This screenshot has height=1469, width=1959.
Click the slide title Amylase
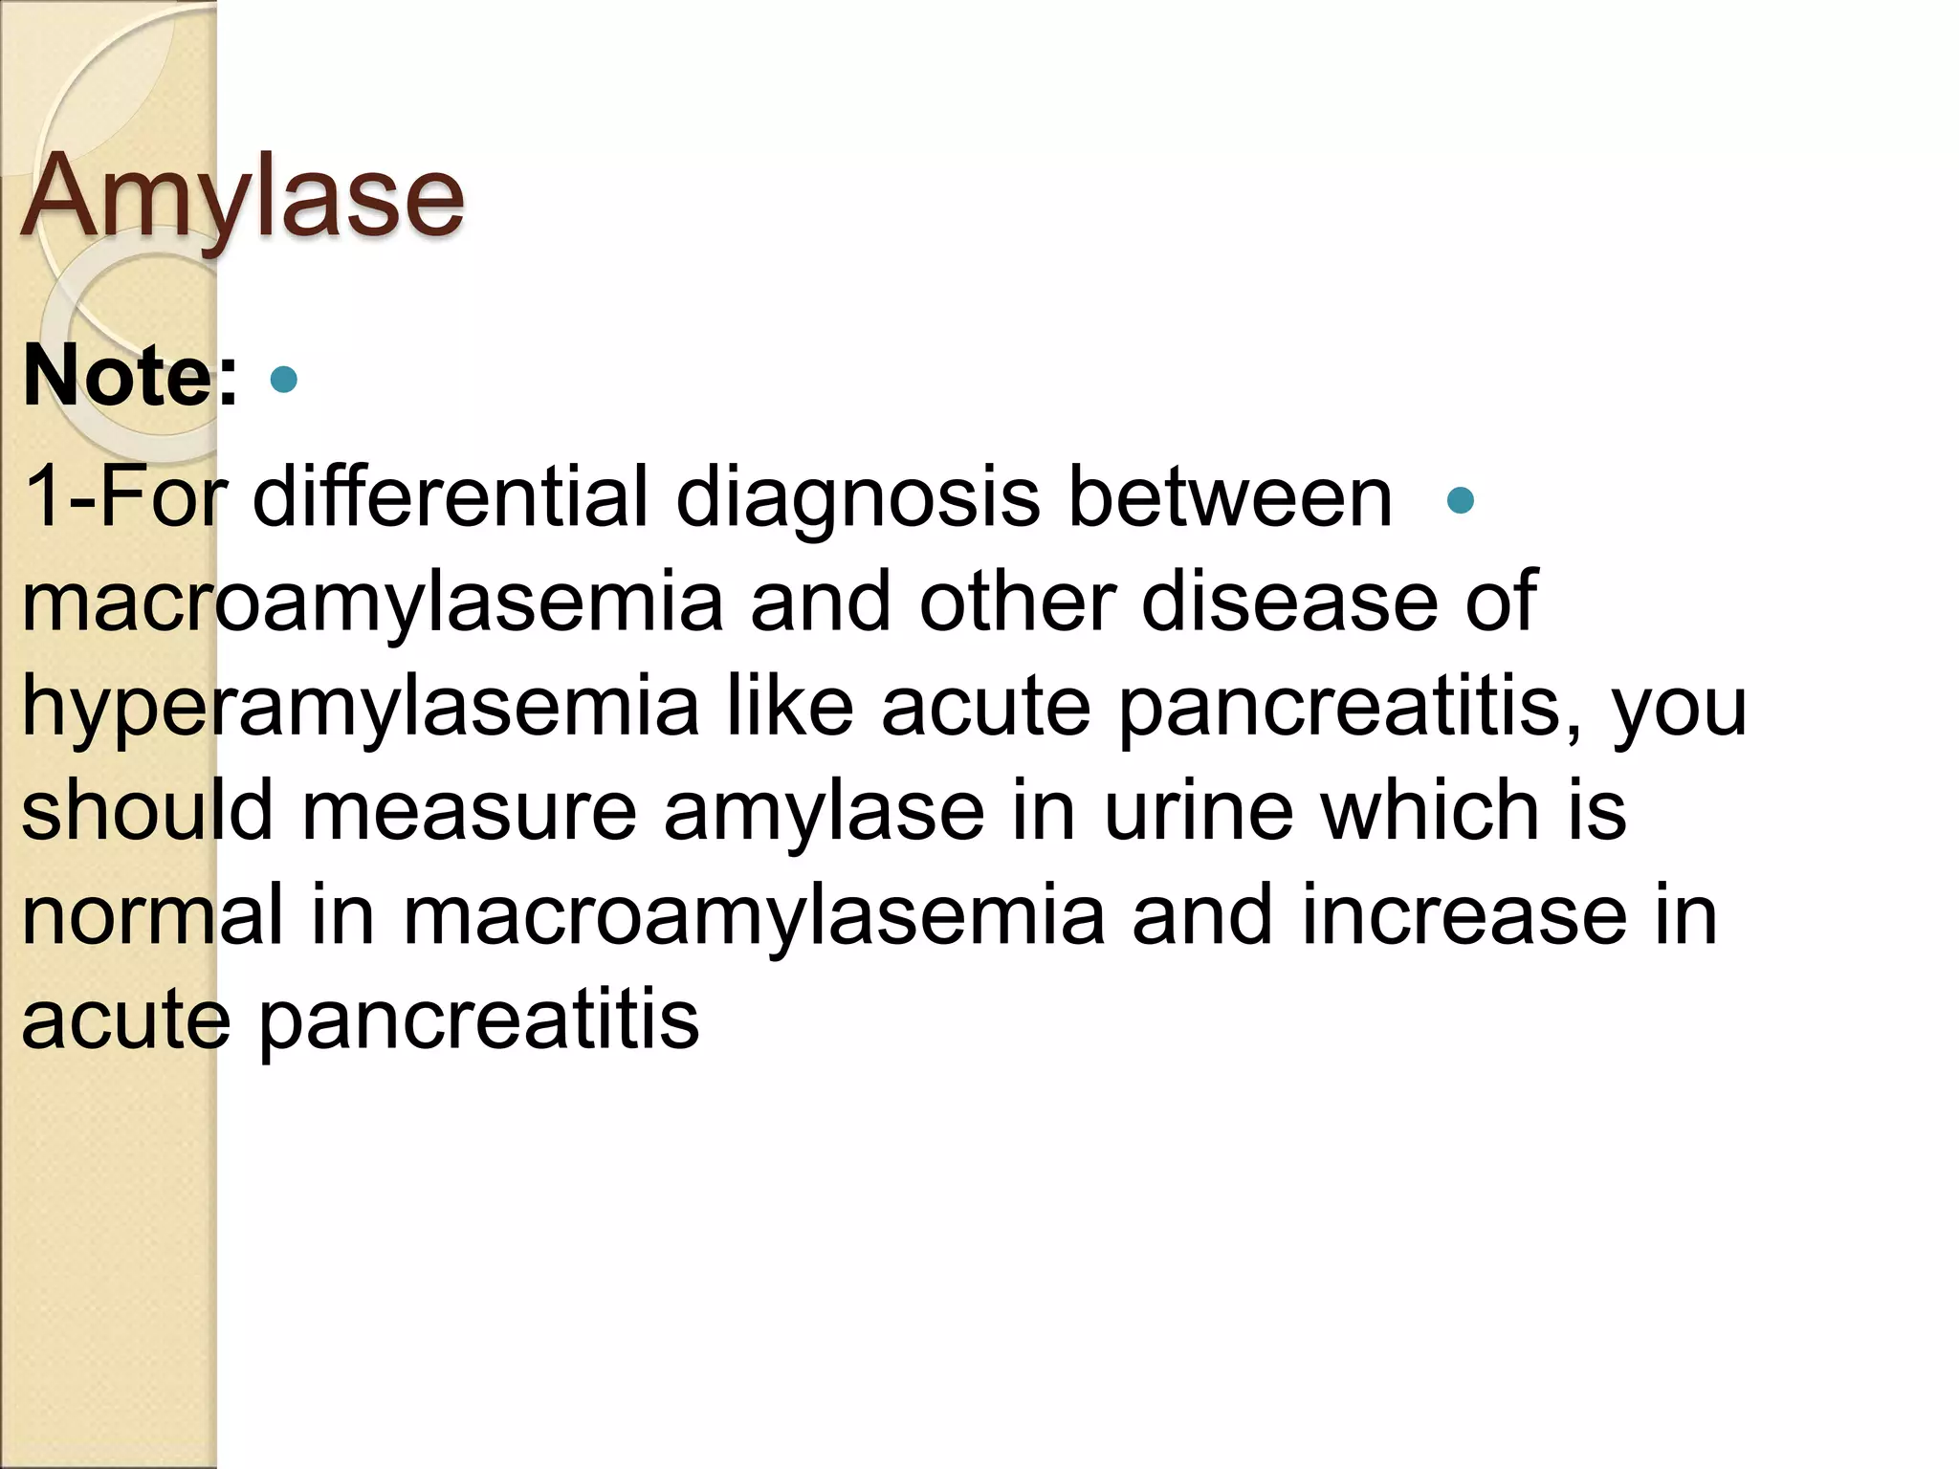point(243,198)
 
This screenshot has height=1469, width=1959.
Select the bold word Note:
point(130,376)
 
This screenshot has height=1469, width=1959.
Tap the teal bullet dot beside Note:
point(284,380)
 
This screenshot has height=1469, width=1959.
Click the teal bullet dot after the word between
point(1460,500)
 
